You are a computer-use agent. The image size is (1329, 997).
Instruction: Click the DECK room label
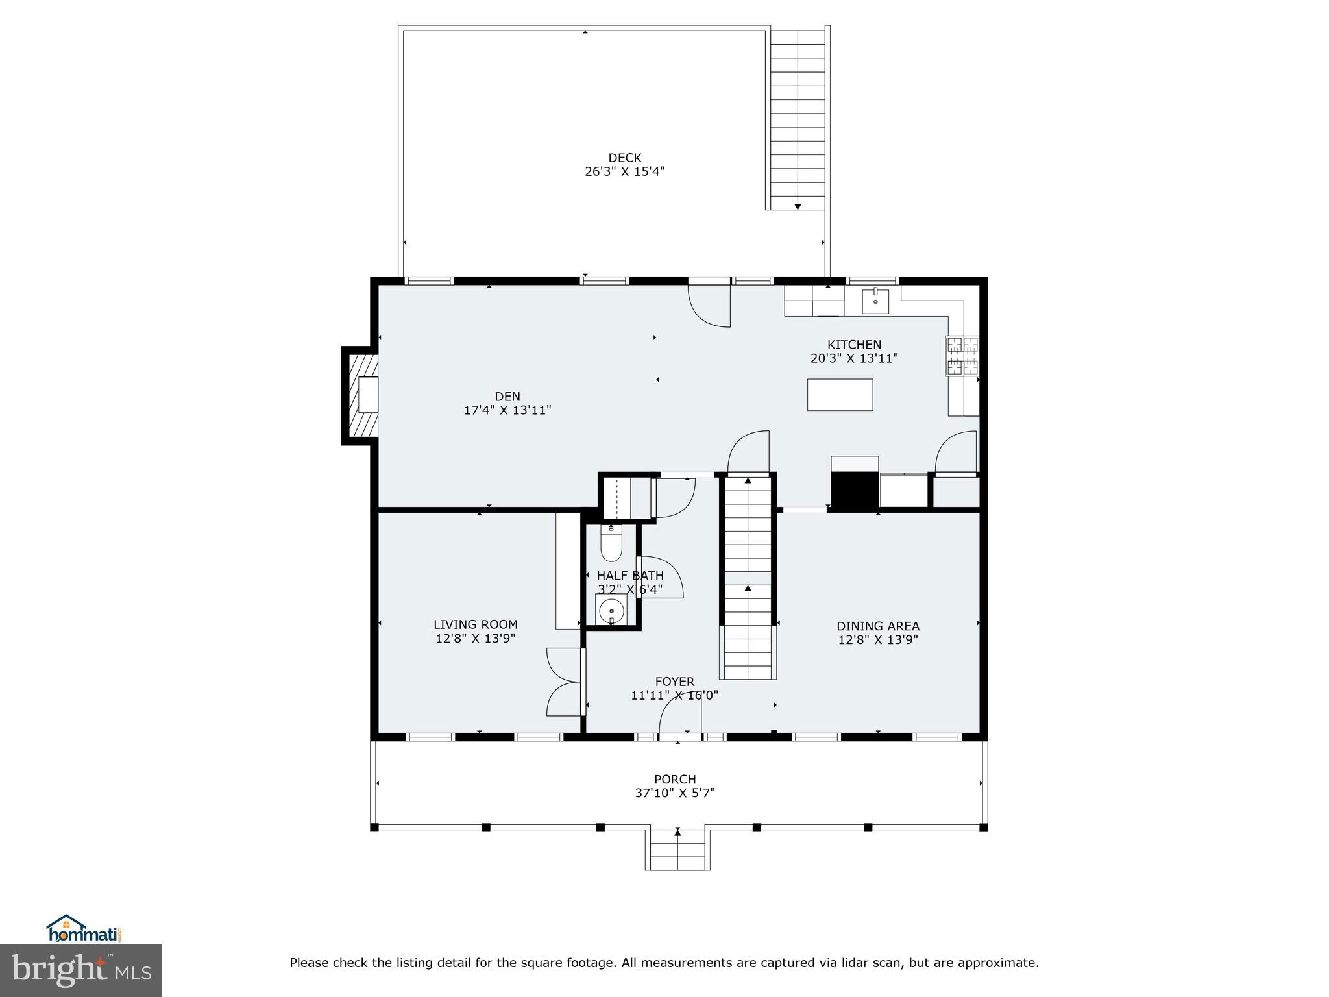(624, 158)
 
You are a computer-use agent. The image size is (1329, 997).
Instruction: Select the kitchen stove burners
(962, 356)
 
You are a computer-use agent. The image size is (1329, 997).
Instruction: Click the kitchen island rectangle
(840, 395)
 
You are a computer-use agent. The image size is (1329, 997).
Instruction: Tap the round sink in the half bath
(611, 611)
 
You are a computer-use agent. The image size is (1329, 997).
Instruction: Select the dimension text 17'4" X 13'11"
(507, 410)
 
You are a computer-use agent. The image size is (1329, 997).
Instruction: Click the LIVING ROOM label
(476, 624)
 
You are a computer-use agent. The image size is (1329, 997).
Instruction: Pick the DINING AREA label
(877, 626)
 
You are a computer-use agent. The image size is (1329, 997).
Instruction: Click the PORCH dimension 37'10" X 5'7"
(675, 793)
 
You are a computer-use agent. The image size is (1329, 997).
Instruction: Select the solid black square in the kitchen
(855, 490)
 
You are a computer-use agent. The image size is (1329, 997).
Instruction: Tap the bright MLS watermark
(81, 970)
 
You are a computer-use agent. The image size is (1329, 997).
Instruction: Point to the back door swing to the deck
(710, 305)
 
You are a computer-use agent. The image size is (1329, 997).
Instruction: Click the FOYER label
(674, 682)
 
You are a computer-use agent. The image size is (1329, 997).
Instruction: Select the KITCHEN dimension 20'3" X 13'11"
(854, 358)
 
